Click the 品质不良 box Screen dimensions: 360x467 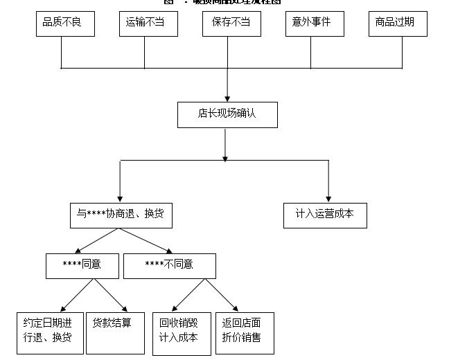65,24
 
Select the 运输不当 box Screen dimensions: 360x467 148,24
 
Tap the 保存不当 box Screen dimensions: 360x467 231,24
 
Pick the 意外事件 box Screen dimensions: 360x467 315,24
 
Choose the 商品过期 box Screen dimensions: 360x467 398,24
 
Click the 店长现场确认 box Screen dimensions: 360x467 227,115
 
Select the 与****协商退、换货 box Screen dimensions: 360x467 121,215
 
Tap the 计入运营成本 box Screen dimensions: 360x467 325,215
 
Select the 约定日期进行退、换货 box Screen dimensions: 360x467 50,333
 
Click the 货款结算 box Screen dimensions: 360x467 113,333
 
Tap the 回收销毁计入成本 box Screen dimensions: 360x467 182,334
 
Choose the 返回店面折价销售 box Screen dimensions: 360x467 245,333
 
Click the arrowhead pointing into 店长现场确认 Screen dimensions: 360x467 227,98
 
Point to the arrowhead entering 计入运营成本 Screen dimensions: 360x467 328,198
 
